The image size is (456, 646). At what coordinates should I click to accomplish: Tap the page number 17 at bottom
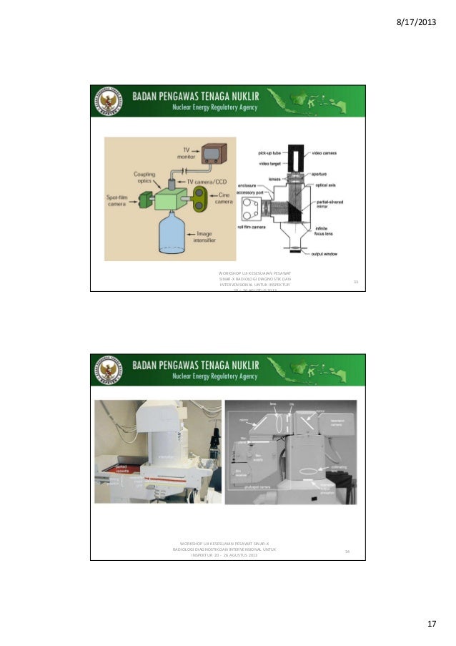[431, 625]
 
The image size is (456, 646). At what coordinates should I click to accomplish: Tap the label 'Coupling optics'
[144, 178]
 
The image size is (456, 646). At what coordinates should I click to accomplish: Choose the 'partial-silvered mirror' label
[328, 205]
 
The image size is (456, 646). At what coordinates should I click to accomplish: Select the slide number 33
[355, 282]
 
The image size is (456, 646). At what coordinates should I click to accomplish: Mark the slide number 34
[347, 551]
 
